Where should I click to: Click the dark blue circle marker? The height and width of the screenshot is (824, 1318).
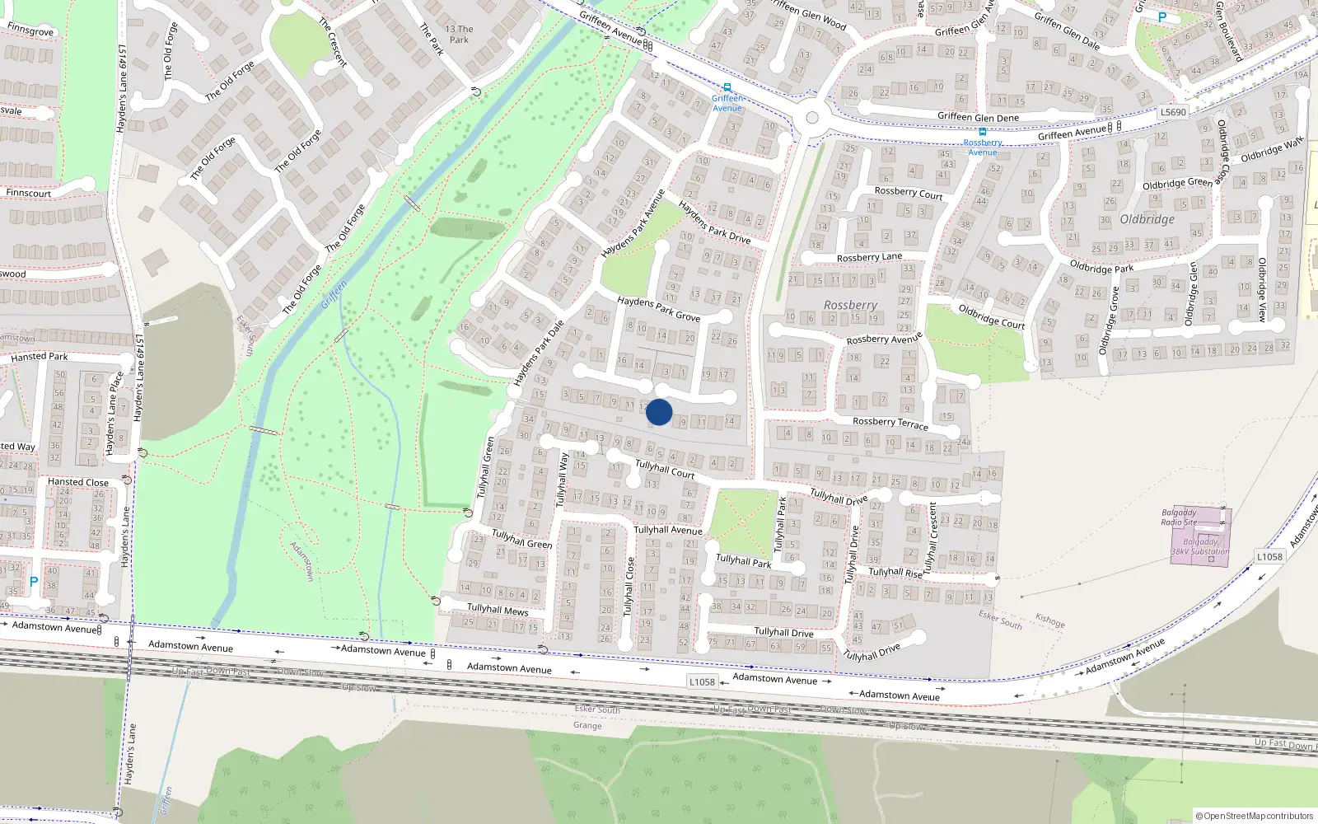coord(659,412)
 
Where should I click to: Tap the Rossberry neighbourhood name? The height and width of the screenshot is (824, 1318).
coord(850,306)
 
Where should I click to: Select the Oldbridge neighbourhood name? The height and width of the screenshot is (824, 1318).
coord(1147,219)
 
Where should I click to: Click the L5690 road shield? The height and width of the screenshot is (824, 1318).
coord(1173,112)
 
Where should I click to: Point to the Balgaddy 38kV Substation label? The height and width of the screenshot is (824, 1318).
coord(1200,547)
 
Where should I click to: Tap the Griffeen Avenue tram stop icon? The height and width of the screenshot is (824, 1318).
coord(727,87)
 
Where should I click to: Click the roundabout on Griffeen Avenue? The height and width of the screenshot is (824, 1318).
coord(812,118)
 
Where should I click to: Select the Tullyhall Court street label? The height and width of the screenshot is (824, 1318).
coord(665,469)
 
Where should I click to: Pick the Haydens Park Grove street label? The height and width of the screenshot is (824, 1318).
coord(658,309)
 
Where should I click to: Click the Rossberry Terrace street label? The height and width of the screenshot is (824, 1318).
coord(890,423)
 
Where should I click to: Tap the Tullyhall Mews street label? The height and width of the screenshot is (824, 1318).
coord(498,610)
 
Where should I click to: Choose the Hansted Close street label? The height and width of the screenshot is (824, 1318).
coord(77,482)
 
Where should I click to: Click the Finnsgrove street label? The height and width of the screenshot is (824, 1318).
coord(30,30)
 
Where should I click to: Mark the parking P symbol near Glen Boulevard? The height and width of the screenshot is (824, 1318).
coord(1162,17)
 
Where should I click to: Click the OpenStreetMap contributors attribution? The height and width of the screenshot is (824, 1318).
coord(1255,816)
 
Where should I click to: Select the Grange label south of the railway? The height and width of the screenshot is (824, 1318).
coord(587,726)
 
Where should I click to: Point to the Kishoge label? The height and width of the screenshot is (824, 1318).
coord(1049,621)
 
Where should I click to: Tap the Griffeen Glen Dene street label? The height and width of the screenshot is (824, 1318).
coord(978,117)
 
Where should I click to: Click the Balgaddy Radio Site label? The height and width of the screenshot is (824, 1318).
coord(1179,517)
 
